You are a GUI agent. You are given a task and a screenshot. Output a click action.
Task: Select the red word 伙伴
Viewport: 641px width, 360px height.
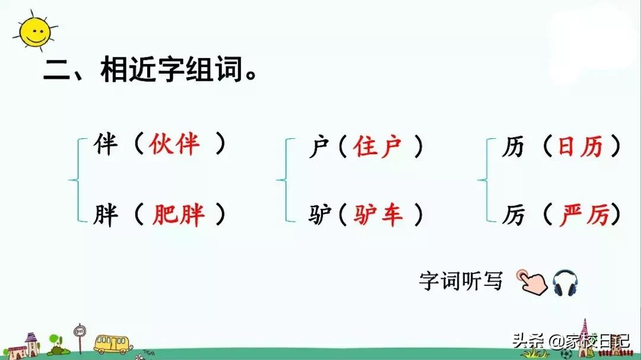pyautogui.click(x=175, y=144)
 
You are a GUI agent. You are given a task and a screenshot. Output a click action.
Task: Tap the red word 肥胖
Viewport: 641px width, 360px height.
pyautogui.click(x=179, y=215)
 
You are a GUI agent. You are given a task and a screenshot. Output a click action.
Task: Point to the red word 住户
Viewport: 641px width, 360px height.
pyautogui.click(x=378, y=146)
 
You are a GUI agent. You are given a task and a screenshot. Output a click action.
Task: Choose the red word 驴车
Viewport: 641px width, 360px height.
pyautogui.click(x=378, y=215)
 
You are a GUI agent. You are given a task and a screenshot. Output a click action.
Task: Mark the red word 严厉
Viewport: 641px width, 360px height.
pyautogui.click(x=584, y=215)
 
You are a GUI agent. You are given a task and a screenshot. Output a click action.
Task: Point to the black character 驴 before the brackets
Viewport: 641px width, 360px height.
pyautogui.click(x=320, y=215)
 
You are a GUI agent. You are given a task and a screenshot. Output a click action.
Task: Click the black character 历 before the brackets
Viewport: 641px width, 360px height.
pyautogui.click(x=513, y=146)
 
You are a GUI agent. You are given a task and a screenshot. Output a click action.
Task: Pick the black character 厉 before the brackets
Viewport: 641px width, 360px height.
pyautogui.click(x=513, y=215)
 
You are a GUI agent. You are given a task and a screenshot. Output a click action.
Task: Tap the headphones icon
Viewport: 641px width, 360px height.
pyautogui.click(x=566, y=283)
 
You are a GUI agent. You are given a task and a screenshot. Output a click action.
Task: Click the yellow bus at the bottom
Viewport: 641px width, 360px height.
pyautogui.click(x=112, y=343)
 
